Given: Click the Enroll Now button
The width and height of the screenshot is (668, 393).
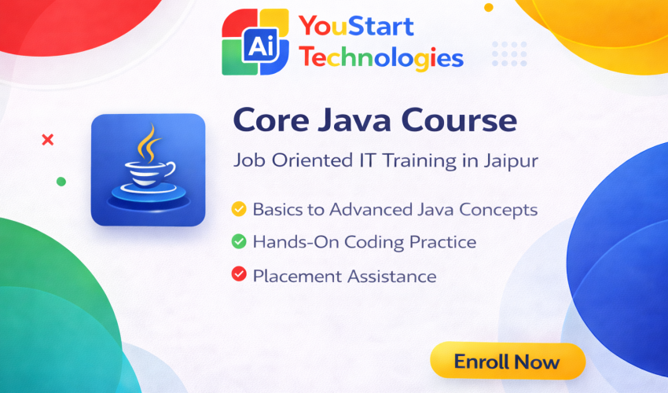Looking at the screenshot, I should coord(507,362).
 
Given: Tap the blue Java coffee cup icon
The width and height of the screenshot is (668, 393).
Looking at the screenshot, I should coord(148,170).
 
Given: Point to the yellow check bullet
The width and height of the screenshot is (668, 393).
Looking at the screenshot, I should coord(238,210).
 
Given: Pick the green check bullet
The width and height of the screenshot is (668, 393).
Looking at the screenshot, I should coord(238,242).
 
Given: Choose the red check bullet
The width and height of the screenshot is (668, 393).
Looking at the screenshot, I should coord(238,275).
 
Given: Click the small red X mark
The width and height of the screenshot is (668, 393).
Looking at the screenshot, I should coord(47,140).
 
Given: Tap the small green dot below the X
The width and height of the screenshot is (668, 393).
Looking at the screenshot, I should coord(61,182).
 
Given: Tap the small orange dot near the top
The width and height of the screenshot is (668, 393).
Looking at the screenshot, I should coord(489,8).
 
